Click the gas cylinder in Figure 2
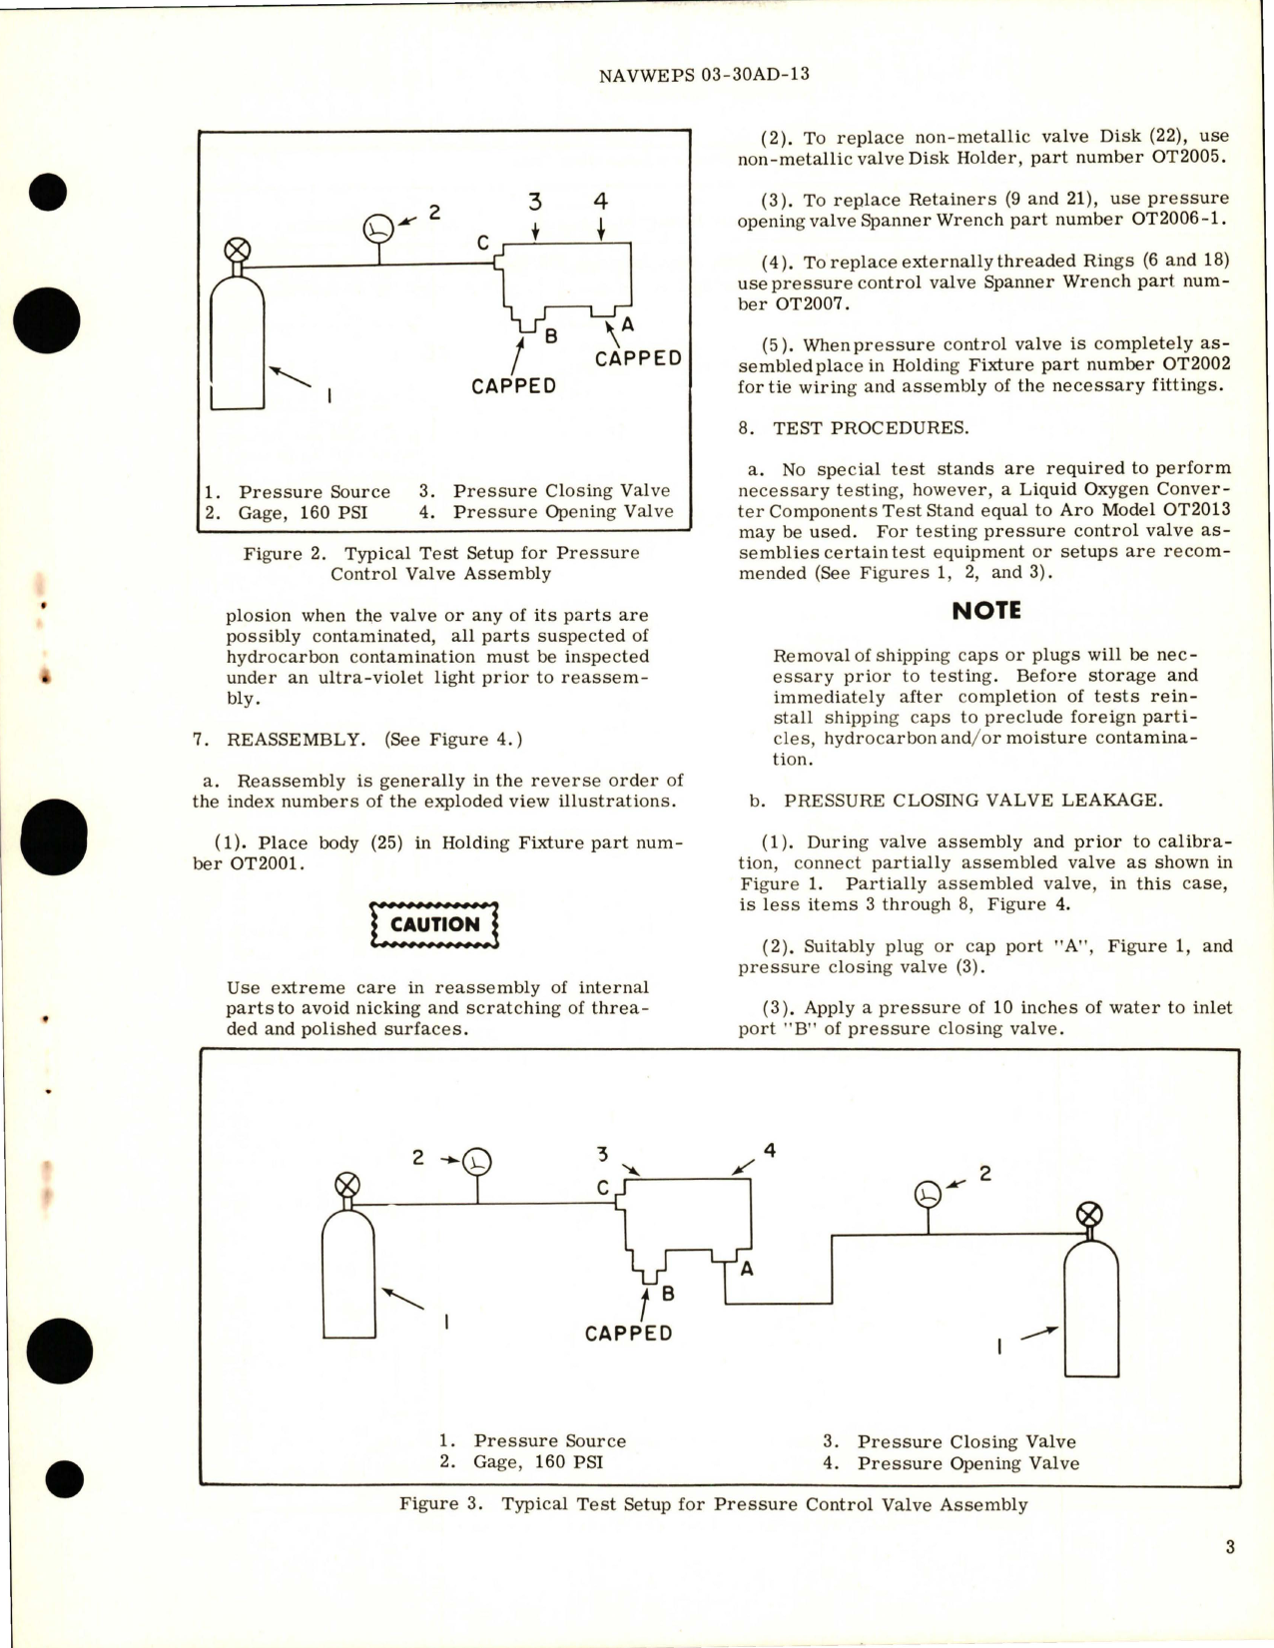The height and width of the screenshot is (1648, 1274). (x=237, y=344)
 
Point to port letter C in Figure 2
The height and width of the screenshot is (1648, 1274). (x=482, y=243)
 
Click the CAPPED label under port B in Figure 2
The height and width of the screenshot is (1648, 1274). (x=513, y=386)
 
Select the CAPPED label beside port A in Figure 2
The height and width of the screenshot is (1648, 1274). (x=638, y=358)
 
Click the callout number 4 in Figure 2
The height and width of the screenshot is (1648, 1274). (x=600, y=202)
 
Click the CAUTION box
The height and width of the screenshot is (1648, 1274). (x=434, y=924)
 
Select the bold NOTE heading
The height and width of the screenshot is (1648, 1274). (x=985, y=611)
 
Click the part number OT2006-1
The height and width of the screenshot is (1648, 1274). (x=1179, y=220)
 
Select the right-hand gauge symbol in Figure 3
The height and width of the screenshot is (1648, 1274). (x=929, y=1194)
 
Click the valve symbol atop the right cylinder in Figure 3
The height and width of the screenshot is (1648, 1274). (x=1089, y=1215)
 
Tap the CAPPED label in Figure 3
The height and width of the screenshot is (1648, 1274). (x=628, y=1334)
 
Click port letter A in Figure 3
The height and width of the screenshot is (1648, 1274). (x=746, y=1269)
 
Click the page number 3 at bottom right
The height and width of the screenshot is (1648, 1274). (x=1229, y=1547)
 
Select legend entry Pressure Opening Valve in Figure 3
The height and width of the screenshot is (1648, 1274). (x=966, y=1463)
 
